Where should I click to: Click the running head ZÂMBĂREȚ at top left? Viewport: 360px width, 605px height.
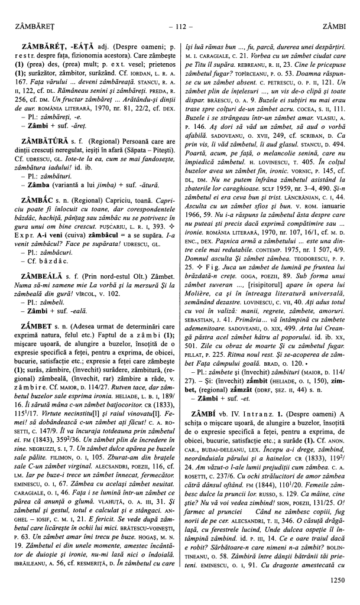pyautogui.click(x=34, y=27)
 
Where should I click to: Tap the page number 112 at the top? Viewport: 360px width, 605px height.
pyautogui.click(x=180, y=27)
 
